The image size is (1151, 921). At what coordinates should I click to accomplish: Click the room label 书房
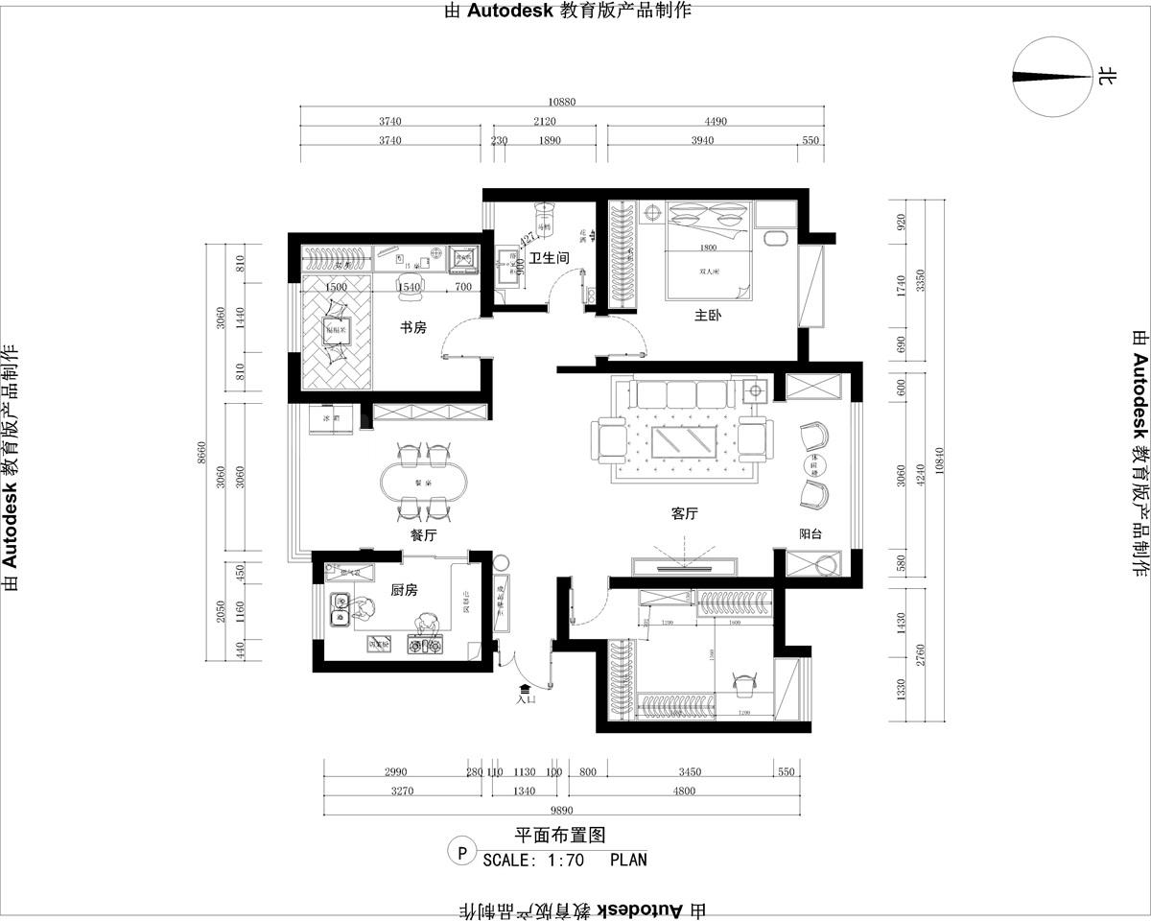coord(412,328)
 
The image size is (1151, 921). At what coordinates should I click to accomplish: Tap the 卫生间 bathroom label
coord(550,258)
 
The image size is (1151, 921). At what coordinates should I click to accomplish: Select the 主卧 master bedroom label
coord(708,315)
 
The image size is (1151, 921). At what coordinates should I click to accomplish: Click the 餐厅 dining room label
coord(423,536)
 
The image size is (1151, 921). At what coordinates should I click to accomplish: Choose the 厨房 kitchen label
coord(404,591)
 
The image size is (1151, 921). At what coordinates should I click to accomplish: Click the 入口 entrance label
coord(526,699)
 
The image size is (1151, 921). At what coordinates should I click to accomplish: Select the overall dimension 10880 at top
coord(561,103)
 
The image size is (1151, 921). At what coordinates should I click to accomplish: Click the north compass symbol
coord(1053,77)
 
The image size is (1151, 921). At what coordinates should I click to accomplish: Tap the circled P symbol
coord(462,851)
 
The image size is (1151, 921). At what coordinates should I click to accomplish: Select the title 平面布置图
coord(560,836)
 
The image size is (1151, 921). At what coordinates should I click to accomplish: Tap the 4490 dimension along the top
coord(716,121)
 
